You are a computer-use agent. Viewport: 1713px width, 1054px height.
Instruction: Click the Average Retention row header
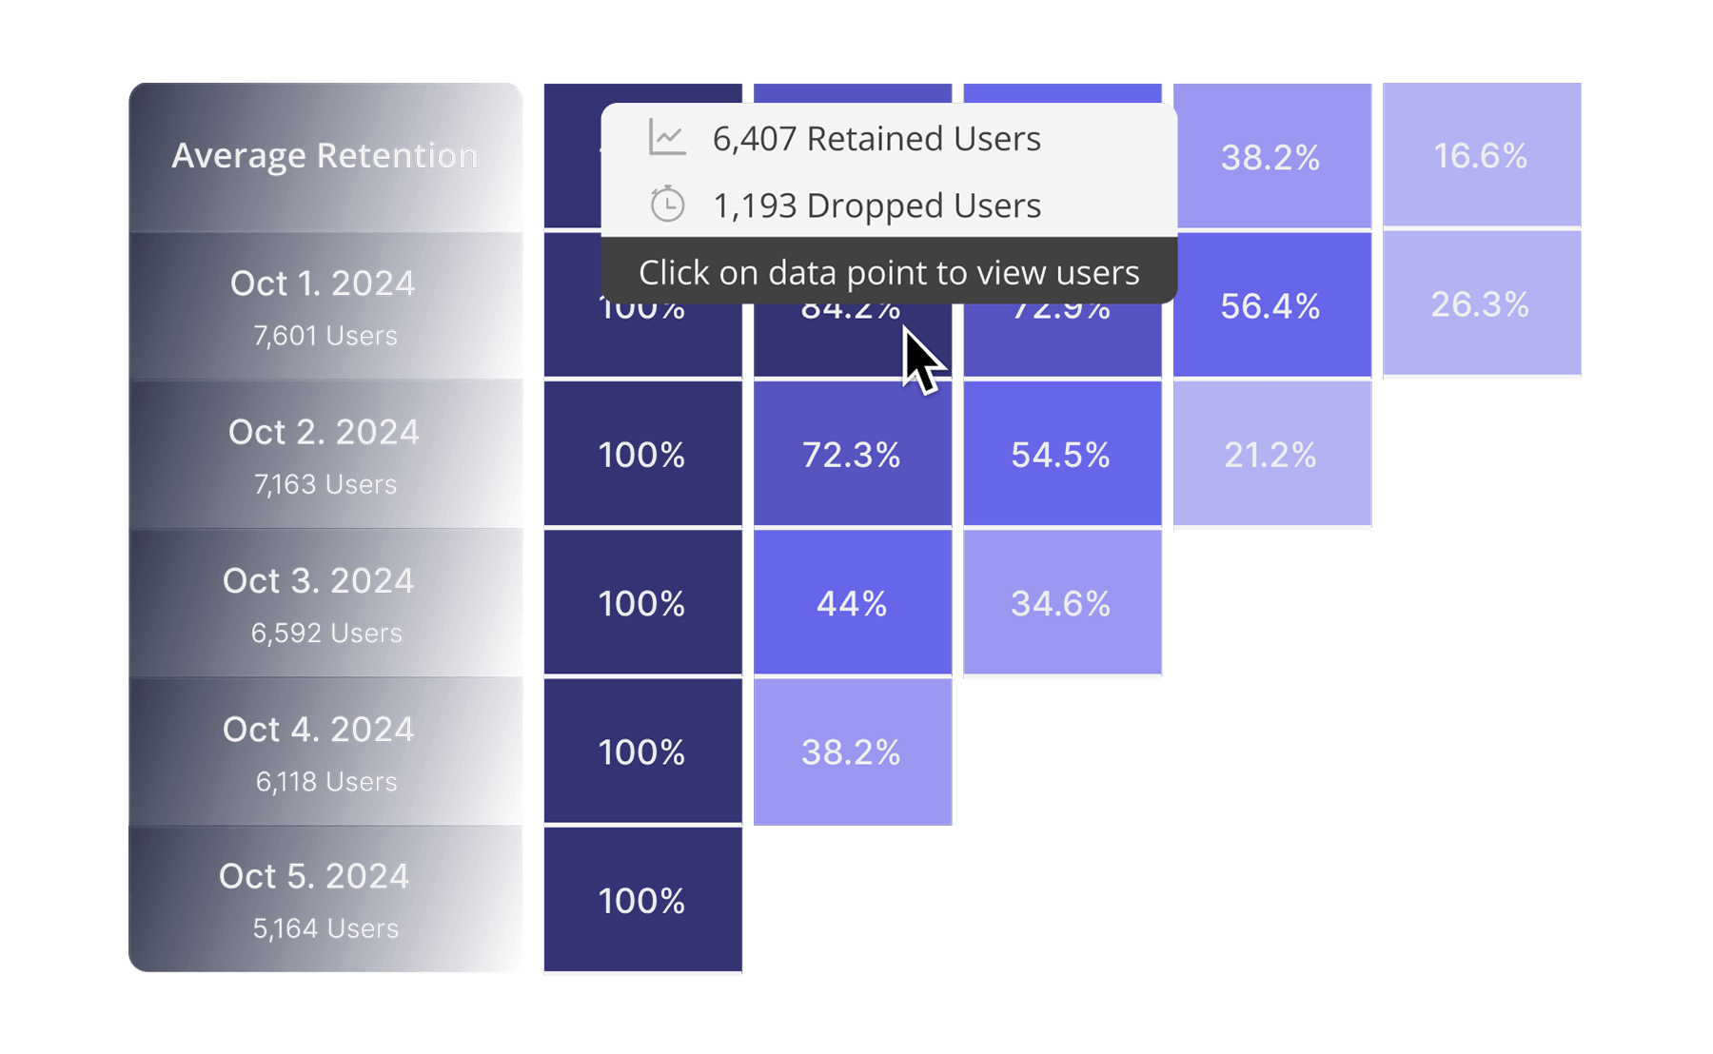pos(325,156)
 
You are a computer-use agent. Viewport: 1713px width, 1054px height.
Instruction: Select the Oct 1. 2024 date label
pos(323,283)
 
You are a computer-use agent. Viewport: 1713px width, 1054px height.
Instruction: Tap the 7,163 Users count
pos(325,484)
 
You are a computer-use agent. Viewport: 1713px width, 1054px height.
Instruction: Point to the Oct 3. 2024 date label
pos(319,580)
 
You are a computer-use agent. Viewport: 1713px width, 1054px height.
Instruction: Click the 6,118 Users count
pos(326,782)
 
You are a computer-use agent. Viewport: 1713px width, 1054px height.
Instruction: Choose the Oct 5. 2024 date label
pos(314,876)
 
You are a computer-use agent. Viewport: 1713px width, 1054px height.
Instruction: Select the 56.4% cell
pos(1270,306)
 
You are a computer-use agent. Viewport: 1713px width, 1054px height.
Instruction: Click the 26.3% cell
pos(1481,304)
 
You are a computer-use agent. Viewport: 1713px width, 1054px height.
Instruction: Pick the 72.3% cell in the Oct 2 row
pos(852,455)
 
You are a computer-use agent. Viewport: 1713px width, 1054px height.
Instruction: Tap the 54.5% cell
pos(1061,455)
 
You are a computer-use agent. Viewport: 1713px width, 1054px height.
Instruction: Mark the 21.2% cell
pos(1270,455)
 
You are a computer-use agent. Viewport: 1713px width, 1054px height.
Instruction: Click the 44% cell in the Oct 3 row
pos(852,603)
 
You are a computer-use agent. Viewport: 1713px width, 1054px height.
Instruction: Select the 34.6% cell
pos(1061,603)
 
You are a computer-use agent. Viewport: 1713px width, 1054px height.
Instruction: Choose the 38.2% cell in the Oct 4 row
pos(852,752)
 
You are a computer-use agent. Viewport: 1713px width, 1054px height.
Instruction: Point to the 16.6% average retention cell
pos(1481,156)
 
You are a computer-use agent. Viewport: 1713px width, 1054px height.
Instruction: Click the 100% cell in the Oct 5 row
pos(642,901)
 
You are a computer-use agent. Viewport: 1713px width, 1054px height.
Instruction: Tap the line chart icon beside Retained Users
pos(667,138)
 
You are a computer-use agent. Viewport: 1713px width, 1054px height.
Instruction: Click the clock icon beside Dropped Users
pos(667,205)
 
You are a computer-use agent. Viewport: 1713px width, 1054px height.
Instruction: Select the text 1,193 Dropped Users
pos(876,205)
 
